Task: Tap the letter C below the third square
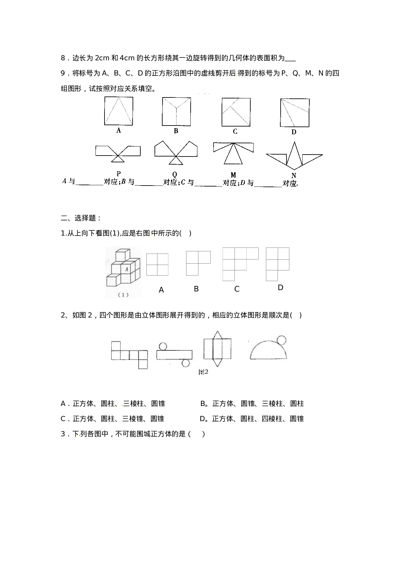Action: tap(235, 131)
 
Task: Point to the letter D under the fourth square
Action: tap(294, 132)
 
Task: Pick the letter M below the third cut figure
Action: tap(234, 175)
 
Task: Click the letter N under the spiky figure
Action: tap(294, 176)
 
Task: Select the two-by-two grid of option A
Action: tap(157, 265)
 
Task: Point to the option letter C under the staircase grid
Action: tap(237, 289)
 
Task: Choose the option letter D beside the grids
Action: tap(280, 288)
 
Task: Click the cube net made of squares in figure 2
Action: tap(130, 355)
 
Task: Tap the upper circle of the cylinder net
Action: tap(163, 346)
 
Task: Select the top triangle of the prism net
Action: tap(218, 334)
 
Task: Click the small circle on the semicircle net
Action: tap(282, 340)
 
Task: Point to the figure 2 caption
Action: tap(204, 372)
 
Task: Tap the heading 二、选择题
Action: tap(81, 218)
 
